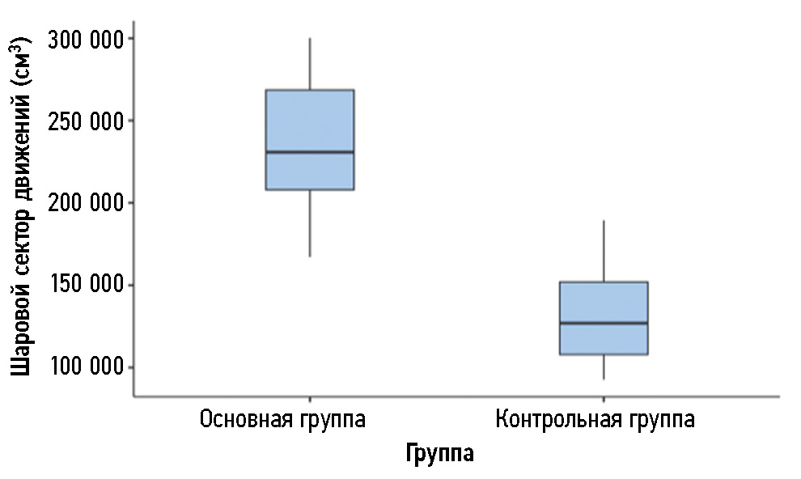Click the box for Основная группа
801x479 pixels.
click(310, 121)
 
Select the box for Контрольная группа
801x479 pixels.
click(604, 303)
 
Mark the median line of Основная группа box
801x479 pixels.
click(310, 152)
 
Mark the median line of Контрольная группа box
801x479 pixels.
click(604, 323)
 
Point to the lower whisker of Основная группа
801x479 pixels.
click(310, 223)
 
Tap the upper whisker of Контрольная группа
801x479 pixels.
click(604, 251)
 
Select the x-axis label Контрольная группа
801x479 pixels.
click(595, 421)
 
